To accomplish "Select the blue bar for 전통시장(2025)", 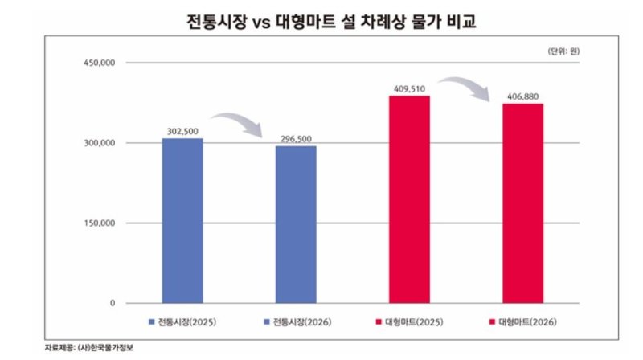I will [182, 220].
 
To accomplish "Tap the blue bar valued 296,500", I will [296, 224].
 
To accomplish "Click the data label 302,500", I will [182, 130].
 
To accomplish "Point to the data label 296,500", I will [297, 138].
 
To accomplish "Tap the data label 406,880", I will [523, 96].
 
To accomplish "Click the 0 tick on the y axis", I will [113, 304].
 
